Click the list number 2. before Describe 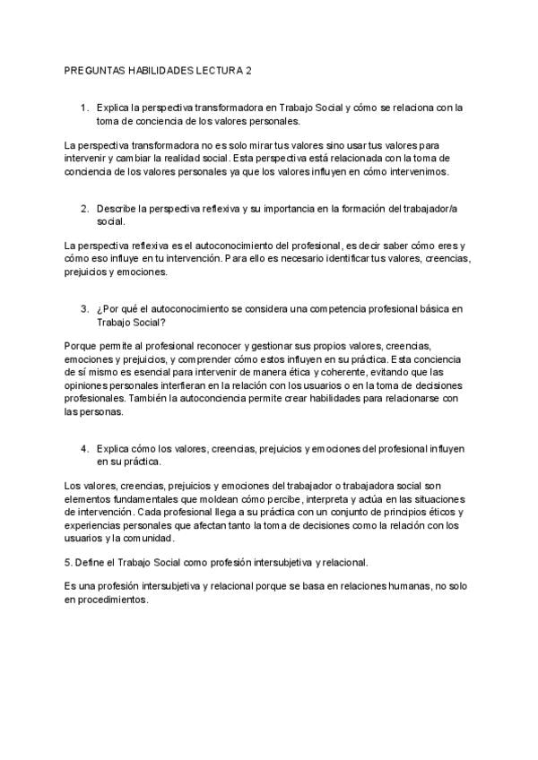85,208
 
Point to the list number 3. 85,308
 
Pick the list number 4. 85,446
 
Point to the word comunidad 146,540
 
